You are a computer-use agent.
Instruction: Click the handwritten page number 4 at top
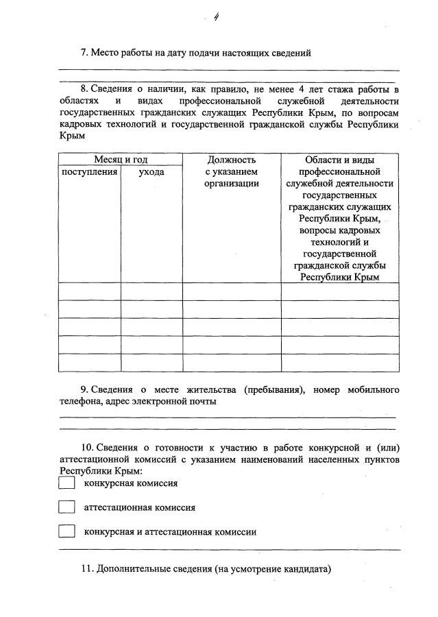[x=216, y=19]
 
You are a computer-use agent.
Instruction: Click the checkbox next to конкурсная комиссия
[x=66, y=483]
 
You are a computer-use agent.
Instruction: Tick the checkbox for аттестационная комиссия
[x=66, y=507]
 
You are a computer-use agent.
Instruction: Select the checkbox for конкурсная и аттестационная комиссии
[x=66, y=531]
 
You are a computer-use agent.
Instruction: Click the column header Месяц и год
[x=121, y=159]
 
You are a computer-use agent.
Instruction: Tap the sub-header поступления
[x=90, y=171]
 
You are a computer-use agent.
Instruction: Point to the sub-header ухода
[x=151, y=171]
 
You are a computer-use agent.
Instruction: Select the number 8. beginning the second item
[x=85, y=89]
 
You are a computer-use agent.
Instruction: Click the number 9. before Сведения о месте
[x=85, y=389]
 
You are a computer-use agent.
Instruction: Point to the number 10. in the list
[x=87, y=447]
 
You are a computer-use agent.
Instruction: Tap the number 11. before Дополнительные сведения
[x=87, y=568]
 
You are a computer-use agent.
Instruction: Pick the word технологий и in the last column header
[x=340, y=242]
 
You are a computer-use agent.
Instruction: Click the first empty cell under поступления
[x=90, y=291]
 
